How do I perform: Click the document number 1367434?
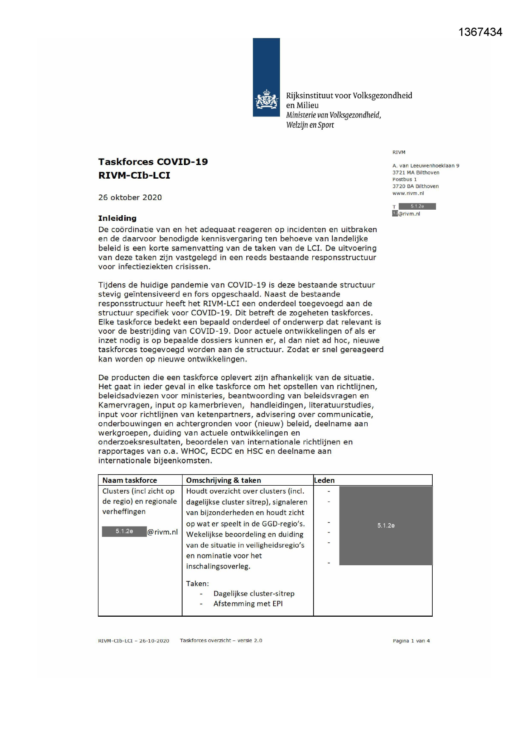click(x=480, y=32)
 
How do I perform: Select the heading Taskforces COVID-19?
click(x=153, y=162)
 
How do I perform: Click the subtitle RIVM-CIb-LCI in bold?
click(x=134, y=175)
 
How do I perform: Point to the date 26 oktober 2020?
click(x=130, y=197)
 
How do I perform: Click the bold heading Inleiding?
click(x=117, y=218)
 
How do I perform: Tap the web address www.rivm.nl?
click(x=408, y=193)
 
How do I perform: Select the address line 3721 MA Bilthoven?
click(x=416, y=173)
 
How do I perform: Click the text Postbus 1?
click(x=404, y=179)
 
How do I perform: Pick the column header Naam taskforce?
click(x=129, y=480)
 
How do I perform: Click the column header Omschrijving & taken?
click(x=223, y=480)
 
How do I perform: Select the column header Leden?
click(x=324, y=480)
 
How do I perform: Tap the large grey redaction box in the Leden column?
click(x=385, y=526)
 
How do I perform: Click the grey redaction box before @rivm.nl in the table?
click(x=124, y=532)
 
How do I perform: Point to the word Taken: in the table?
click(x=197, y=584)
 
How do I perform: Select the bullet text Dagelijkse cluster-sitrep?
click(x=254, y=593)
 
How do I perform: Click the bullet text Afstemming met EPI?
click(x=248, y=604)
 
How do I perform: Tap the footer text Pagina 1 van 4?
click(x=411, y=641)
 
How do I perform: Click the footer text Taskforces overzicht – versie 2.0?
click(x=221, y=641)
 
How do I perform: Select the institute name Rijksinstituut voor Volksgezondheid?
click(x=349, y=95)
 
